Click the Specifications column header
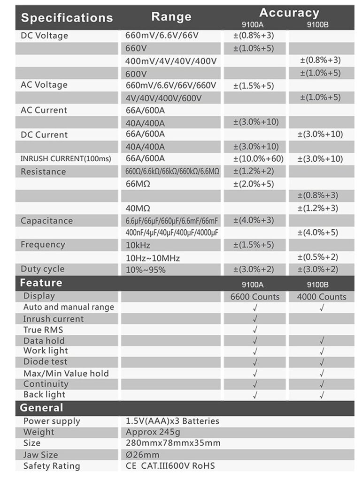click(67, 18)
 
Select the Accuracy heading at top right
click(289, 13)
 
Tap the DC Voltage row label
click(45, 36)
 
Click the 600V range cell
click(137, 74)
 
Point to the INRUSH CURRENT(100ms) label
click(66, 159)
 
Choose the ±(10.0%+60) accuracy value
click(258, 159)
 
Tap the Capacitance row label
click(46, 220)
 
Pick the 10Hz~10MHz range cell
click(153, 257)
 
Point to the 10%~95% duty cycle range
click(146, 270)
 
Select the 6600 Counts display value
click(255, 297)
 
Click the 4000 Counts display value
click(322, 297)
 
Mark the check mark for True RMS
click(255, 330)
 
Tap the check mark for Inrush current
click(255, 319)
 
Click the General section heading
click(41, 408)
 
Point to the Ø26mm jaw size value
click(143, 455)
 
